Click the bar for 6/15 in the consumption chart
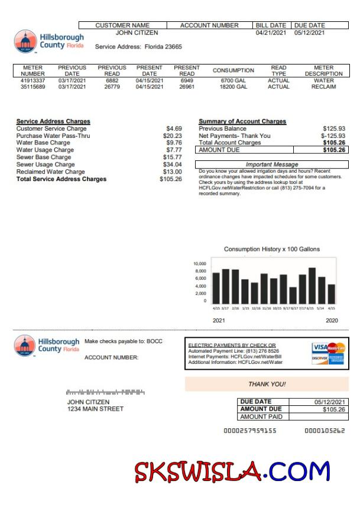point(312,285)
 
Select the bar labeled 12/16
point(255,292)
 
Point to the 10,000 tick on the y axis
point(200,264)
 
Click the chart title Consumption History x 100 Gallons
point(272,249)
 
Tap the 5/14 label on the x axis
point(321,308)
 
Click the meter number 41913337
point(33,80)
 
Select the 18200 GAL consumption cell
point(233,87)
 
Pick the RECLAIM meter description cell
point(324,87)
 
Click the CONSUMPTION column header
point(233,70)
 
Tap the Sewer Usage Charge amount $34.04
point(173,164)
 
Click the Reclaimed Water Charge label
point(50,172)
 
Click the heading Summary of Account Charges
point(242,121)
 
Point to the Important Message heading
point(272,164)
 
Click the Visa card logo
point(319,347)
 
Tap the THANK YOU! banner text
point(267,384)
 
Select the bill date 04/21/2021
point(271,33)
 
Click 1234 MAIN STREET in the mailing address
point(95,409)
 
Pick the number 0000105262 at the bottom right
point(325,431)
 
